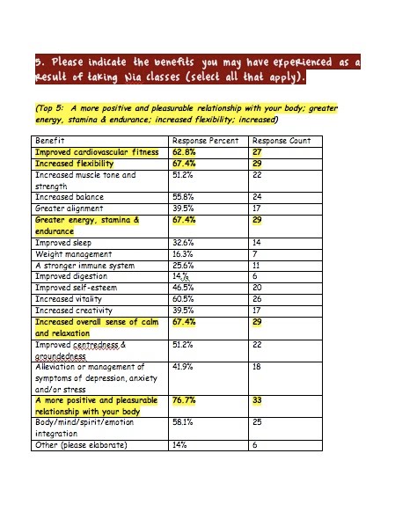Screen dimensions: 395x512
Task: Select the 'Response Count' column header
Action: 281,141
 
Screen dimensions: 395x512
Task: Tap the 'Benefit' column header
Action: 50,141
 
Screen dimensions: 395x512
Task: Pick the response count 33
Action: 259,400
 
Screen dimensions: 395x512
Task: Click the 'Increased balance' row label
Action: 71,197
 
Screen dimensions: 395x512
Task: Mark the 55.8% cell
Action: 184,197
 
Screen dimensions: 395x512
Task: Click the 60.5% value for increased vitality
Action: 184,298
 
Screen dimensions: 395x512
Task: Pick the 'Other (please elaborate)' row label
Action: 81,444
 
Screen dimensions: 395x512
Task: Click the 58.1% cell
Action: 184,422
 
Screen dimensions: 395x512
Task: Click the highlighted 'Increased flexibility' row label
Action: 78,164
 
